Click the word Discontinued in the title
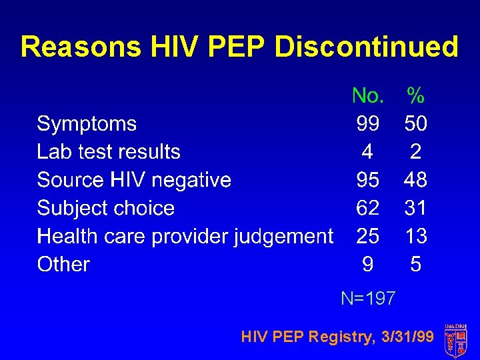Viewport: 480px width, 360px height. (x=366, y=47)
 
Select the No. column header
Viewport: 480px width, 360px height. (x=367, y=96)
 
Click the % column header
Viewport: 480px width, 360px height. (x=415, y=96)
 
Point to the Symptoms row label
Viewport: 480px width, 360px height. (x=87, y=124)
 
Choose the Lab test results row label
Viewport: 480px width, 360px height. (x=109, y=152)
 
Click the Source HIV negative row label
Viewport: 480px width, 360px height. (x=134, y=180)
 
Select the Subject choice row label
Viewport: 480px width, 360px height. (x=105, y=208)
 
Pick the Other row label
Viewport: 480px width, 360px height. (x=63, y=265)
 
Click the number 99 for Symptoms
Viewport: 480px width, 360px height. (x=367, y=124)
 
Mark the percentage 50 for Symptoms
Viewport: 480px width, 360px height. (x=415, y=124)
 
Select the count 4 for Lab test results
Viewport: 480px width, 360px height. (x=367, y=152)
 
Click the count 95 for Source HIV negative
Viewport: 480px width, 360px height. (x=367, y=180)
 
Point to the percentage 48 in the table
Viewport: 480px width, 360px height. (x=415, y=180)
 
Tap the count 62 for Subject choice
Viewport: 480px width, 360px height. (x=367, y=208)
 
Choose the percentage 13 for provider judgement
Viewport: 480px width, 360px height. (x=415, y=236)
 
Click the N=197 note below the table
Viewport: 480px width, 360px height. (x=368, y=298)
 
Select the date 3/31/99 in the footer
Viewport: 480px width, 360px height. (x=407, y=337)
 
